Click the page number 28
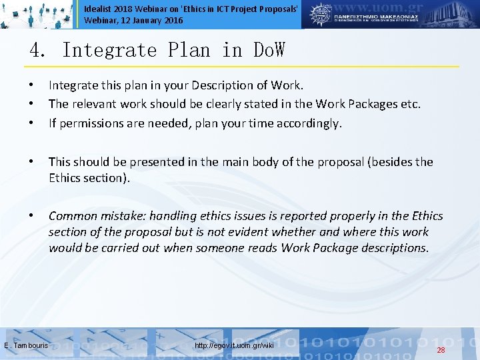click(x=441, y=350)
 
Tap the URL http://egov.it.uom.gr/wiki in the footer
click(x=234, y=345)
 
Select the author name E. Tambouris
click(x=26, y=345)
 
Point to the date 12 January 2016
click(x=153, y=21)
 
